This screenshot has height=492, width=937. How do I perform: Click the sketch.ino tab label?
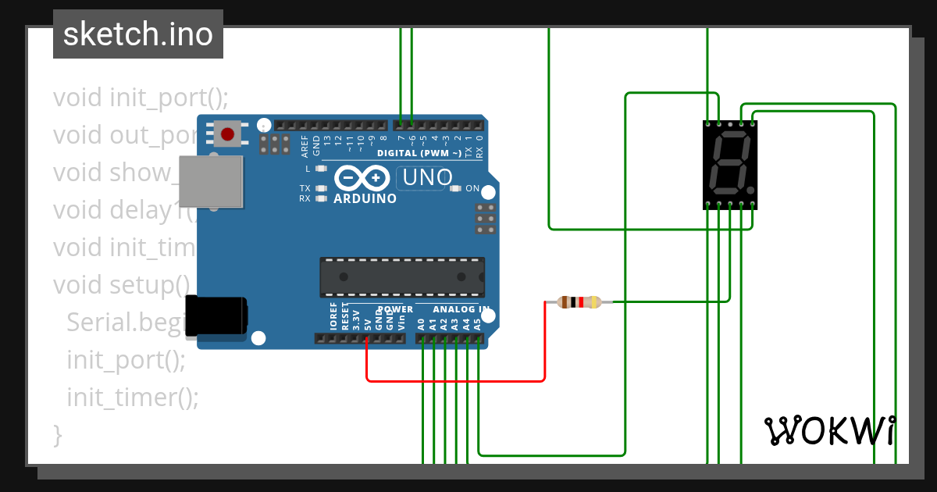138,34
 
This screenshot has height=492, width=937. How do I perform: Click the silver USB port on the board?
210,181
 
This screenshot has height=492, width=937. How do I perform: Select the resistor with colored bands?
579,302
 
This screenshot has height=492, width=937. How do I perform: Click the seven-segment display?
730,165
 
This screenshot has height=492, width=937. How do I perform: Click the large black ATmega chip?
401,277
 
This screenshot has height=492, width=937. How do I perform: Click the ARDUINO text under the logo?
365,198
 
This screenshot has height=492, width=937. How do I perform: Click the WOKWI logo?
829,430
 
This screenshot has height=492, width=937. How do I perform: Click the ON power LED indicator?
456,188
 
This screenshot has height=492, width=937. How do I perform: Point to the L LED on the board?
319,169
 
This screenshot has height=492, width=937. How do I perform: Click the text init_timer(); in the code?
133,398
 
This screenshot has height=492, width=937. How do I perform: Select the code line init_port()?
126,360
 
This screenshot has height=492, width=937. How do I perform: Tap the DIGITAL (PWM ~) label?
419,153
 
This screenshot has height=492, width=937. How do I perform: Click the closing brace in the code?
57,434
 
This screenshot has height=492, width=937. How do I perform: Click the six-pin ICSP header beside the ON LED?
485,219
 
